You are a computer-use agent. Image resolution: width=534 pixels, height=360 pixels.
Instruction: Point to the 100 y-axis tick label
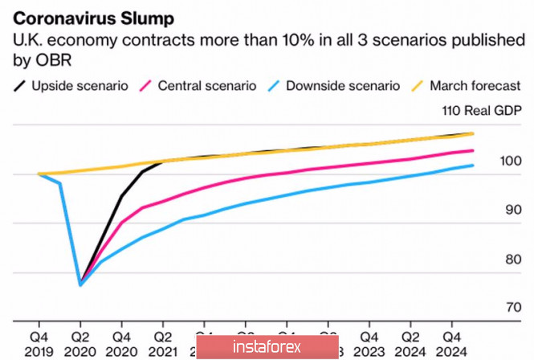510,162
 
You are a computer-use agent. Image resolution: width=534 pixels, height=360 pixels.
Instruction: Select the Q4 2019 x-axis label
38,342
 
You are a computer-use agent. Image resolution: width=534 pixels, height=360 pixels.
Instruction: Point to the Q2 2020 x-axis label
80,342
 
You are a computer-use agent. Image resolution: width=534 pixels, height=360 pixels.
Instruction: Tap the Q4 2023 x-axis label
370,342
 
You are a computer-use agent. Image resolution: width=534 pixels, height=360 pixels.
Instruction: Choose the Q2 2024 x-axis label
412,342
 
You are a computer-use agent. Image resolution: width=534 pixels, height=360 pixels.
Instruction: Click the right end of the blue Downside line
473,166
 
